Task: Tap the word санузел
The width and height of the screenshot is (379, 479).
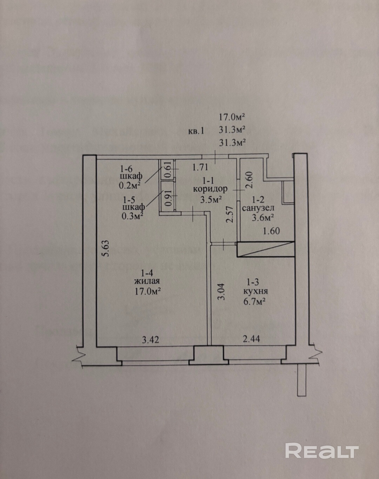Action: (x=258, y=208)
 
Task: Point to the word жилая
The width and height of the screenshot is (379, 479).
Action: (x=147, y=281)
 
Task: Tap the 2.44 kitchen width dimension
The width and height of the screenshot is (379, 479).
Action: (x=252, y=339)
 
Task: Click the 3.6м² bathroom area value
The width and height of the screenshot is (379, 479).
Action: (x=263, y=218)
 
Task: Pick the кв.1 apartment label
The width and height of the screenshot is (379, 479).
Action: (x=195, y=131)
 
